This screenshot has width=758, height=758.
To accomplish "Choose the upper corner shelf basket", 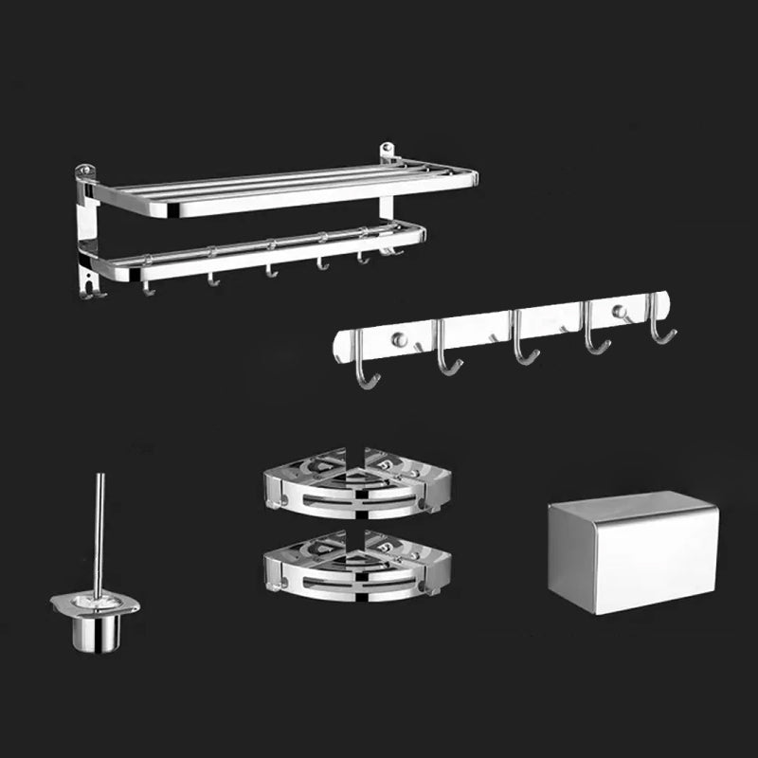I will [357, 482].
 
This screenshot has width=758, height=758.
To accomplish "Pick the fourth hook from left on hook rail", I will [593, 335].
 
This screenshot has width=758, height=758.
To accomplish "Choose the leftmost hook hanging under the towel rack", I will [147, 286].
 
